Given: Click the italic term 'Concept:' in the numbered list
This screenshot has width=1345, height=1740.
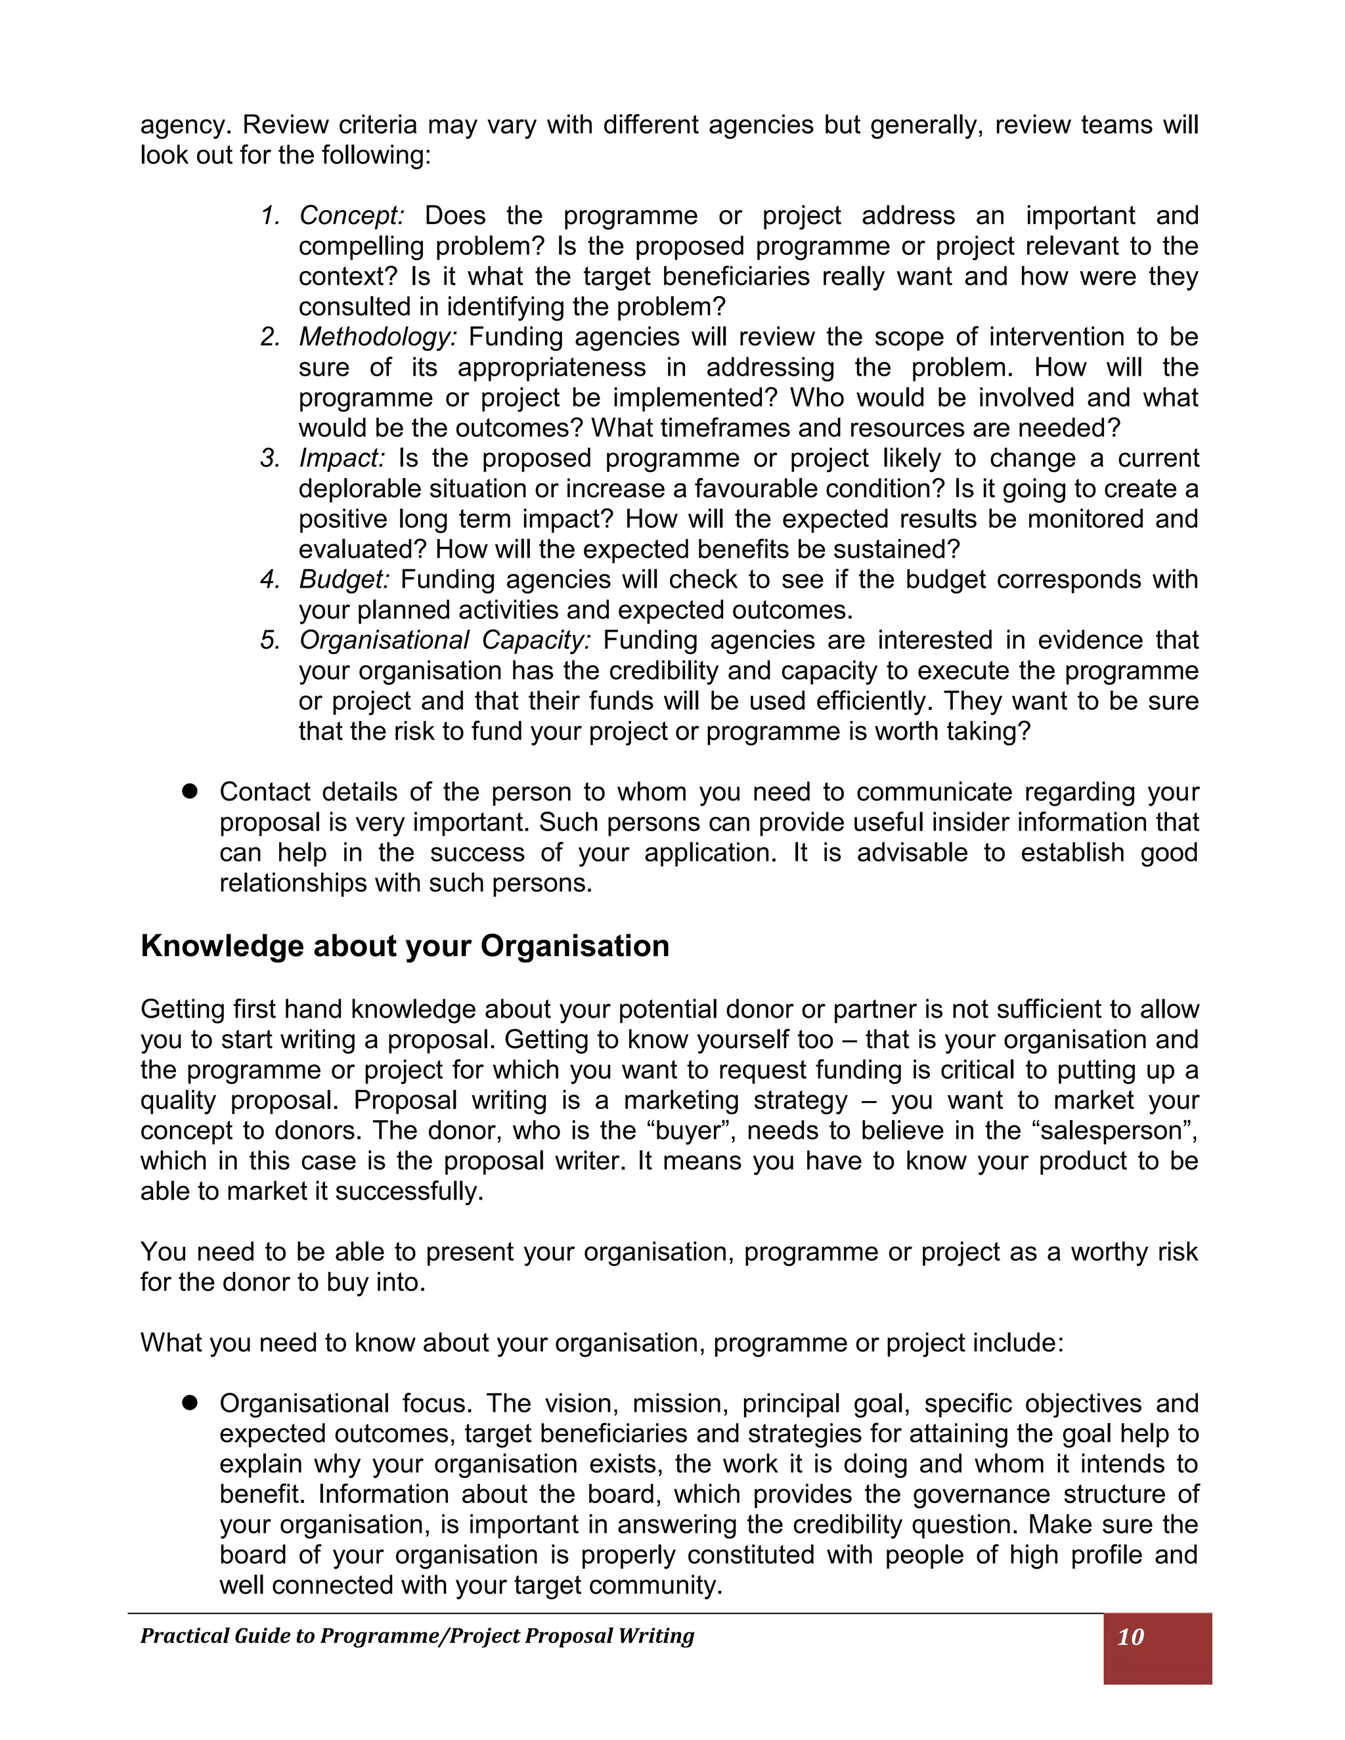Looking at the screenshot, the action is tap(351, 216).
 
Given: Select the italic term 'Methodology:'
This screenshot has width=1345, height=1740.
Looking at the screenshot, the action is tap(378, 337).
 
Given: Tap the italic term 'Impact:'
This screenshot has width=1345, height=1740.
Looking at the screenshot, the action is tap(342, 458).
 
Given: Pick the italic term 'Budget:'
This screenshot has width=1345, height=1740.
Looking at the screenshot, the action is tap(344, 579).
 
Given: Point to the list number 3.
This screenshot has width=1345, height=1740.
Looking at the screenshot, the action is tap(269, 458).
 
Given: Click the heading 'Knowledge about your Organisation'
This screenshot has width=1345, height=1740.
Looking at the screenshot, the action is tap(405, 946).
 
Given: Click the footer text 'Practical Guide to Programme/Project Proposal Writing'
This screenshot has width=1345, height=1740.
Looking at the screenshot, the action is tap(417, 1636).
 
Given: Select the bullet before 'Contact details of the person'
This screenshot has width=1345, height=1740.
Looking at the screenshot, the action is tap(190, 791).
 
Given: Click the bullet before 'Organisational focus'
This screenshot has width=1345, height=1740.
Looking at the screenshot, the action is tap(190, 1403).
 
